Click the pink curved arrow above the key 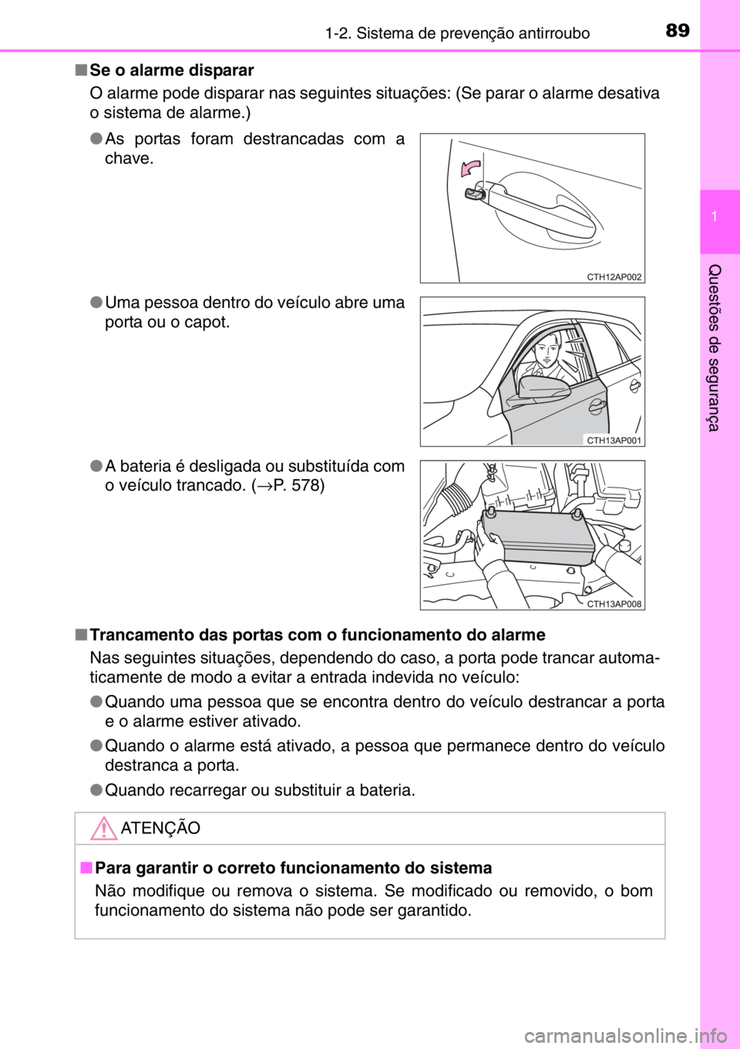point(470,167)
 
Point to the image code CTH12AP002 point(614,276)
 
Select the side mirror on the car point(543,387)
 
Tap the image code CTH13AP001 point(614,441)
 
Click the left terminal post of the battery point(489,514)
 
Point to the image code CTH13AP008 point(614,604)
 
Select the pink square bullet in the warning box point(86,868)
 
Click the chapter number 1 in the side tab point(715,216)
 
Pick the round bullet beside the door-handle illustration point(96,139)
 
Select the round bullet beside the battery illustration point(96,466)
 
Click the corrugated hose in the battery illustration point(458,504)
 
